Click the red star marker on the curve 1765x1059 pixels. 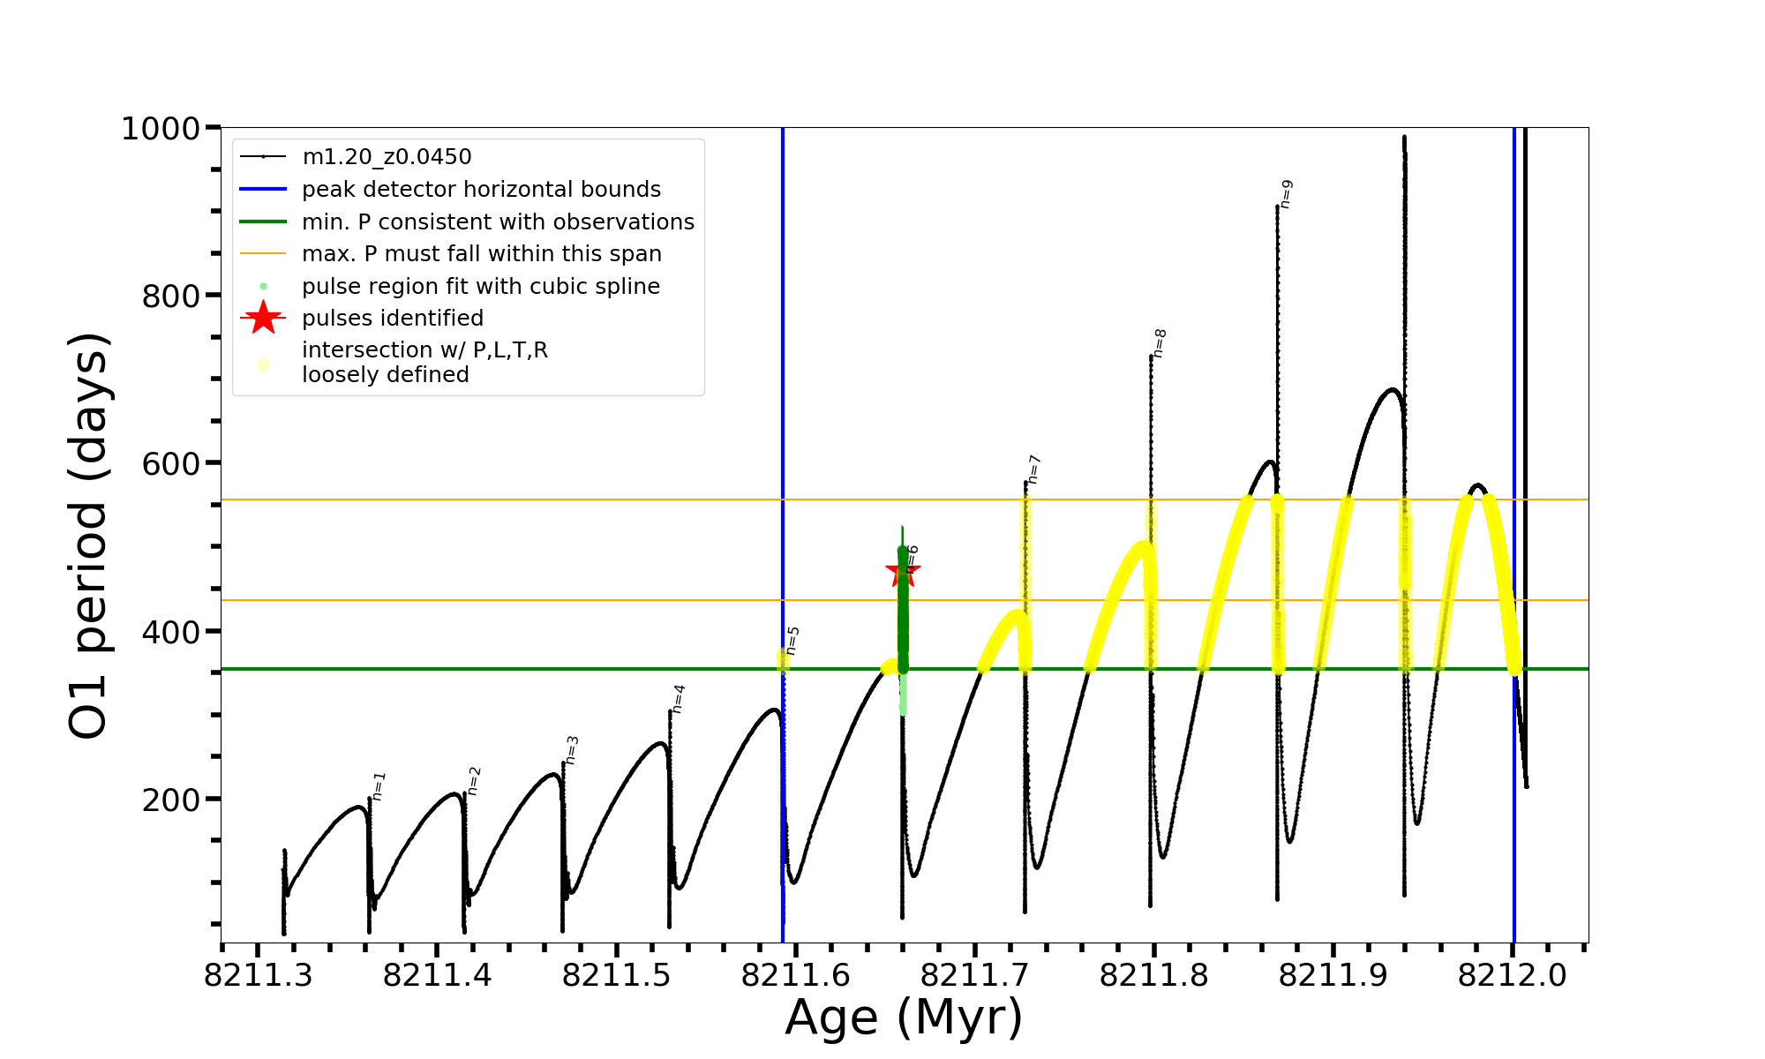click(902, 571)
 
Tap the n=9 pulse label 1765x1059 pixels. click(1286, 194)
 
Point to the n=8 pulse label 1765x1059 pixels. click(1160, 343)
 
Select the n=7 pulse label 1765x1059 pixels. click(1034, 469)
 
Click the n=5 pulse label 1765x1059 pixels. click(792, 641)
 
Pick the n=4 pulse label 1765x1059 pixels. click(679, 699)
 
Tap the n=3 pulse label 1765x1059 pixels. click(572, 750)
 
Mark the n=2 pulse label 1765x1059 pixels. click(474, 781)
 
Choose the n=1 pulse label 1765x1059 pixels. click(379, 786)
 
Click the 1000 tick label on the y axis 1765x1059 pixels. click(161, 129)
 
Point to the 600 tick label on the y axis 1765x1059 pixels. click(171, 464)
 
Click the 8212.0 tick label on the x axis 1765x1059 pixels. click(1512, 975)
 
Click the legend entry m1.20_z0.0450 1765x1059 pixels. click(387, 157)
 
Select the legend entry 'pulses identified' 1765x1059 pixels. click(393, 319)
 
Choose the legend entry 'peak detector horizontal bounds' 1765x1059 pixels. click(481, 190)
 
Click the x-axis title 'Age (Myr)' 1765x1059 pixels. click(904, 1018)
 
